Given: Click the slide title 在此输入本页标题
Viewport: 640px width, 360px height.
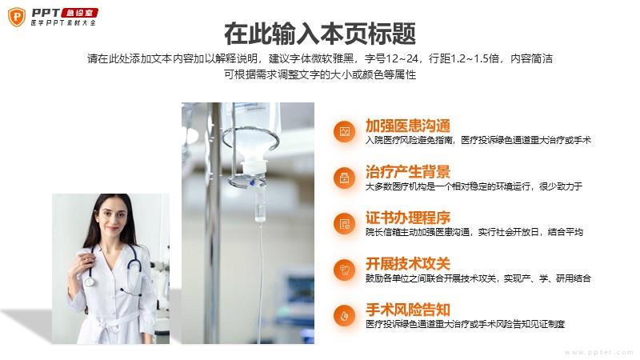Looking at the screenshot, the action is click(x=320, y=34).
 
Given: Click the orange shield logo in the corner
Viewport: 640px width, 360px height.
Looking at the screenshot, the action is click(x=17, y=17).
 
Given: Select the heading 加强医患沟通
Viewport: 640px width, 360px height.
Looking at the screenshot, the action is click(x=408, y=126).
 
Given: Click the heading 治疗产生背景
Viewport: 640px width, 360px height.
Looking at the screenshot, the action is click(x=408, y=171).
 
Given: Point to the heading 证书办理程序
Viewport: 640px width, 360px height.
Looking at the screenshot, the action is click(x=408, y=218).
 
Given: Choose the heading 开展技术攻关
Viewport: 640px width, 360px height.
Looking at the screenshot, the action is click(x=408, y=264).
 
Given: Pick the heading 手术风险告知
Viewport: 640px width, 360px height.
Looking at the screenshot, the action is click(x=408, y=310).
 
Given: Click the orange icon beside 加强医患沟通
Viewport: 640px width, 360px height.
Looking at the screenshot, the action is click(x=345, y=131).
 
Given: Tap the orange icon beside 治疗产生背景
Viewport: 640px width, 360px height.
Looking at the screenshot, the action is click(x=345, y=178).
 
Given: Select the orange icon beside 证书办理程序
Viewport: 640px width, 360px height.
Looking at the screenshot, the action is click(x=345, y=224).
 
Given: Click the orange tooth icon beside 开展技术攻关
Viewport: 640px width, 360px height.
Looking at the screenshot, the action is click(x=345, y=270).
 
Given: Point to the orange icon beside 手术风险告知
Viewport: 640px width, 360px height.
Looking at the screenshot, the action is click(x=345, y=316).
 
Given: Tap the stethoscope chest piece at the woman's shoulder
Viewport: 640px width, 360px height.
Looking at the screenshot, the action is click(x=90, y=281).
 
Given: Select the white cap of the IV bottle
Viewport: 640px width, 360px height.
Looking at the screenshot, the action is click(x=254, y=166).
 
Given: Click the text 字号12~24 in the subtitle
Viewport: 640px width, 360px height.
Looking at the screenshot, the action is click(x=392, y=58).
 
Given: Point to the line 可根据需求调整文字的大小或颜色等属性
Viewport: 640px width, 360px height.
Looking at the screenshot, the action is click(x=320, y=74).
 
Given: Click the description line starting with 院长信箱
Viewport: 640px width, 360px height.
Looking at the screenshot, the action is click(x=474, y=232).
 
